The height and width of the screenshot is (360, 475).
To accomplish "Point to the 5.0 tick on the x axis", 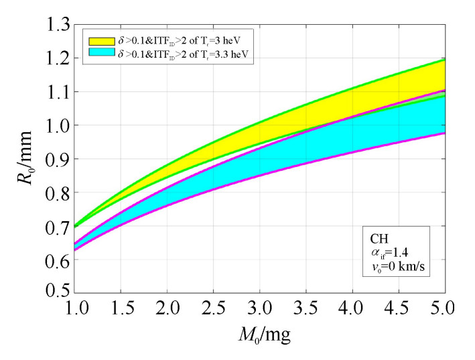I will click(444, 309).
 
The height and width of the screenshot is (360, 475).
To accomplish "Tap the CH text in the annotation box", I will click(379, 238).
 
